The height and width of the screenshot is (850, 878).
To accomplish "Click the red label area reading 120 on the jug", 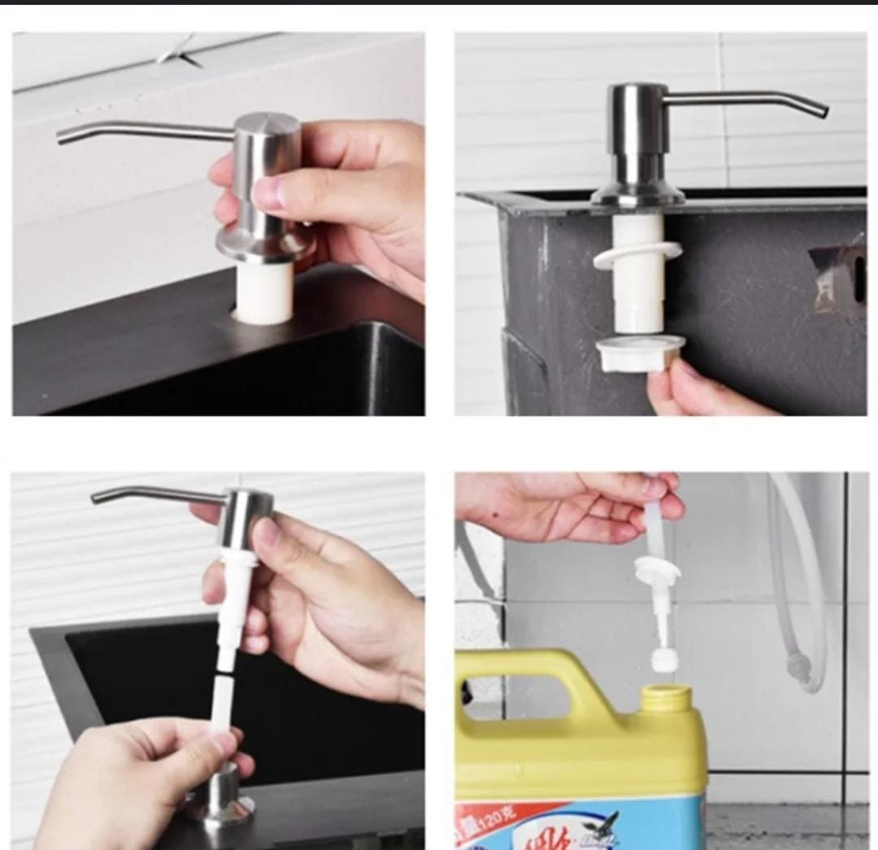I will (x=488, y=821).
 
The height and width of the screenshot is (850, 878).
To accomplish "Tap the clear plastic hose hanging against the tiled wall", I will (x=801, y=585).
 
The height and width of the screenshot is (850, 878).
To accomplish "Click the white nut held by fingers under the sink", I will (x=640, y=353).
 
